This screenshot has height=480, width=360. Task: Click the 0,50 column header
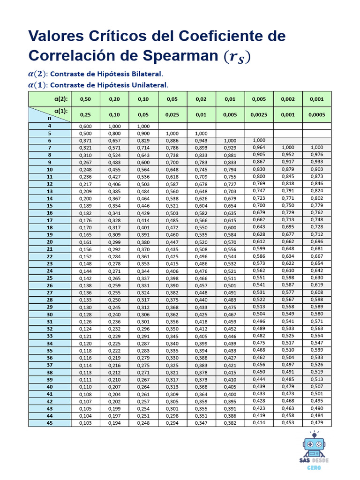pos(85,99)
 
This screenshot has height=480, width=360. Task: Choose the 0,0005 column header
pos(316,114)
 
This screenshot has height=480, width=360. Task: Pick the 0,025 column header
pos(173,114)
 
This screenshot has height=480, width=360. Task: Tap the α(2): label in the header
pos(61,99)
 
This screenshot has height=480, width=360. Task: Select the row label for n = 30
pos(50,315)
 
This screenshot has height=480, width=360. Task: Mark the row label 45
pos(50,423)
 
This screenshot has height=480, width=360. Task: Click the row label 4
pos(50,126)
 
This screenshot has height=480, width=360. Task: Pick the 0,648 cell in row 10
pos(173,169)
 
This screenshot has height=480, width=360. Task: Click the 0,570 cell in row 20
pos(230,242)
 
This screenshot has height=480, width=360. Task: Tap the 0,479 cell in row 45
pos(316,423)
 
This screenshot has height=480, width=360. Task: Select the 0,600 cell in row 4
pos(85,126)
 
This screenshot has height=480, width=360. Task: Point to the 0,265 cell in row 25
pos(114,278)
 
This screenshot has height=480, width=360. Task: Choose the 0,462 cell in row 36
pos(259,358)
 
